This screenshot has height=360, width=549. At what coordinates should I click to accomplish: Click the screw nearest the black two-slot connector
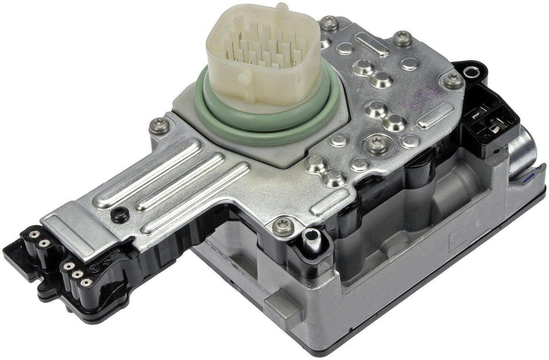coord(454,80)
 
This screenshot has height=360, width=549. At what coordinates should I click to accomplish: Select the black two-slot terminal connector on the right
coord(487,124)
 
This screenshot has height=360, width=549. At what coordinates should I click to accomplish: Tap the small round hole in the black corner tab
coord(472,71)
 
